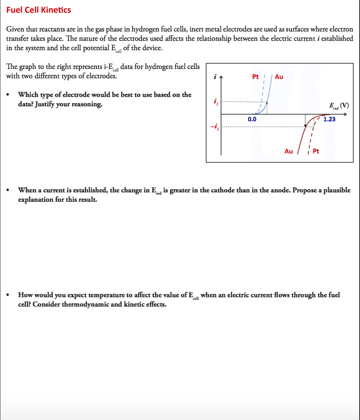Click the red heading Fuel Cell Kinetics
tap(39, 10)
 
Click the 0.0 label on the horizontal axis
tap(252, 119)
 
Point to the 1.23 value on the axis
tap(329, 119)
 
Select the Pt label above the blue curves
tap(255, 77)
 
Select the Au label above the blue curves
tap(279, 77)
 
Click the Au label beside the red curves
tap(289, 151)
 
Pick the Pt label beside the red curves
tap(316, 151)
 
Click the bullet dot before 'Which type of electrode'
tap(9, 95)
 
